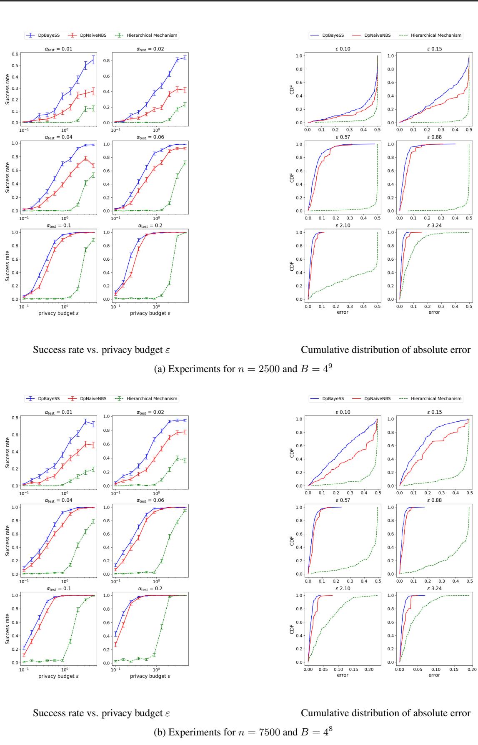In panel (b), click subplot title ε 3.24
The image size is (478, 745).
pos(434,588)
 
